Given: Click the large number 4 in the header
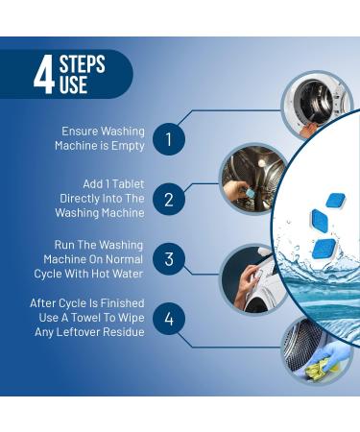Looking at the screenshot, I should coord(43,76).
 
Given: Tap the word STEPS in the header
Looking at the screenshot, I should coord(82,65).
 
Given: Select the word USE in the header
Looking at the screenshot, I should coord(73,86).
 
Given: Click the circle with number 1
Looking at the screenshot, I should coord(169,139).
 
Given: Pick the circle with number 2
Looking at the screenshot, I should coord(169,200).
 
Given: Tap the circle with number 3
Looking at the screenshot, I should coord(169,259).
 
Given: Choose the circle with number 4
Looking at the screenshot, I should coord(169,319).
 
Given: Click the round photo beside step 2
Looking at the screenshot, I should coord(248,180).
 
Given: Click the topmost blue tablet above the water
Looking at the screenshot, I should coord(335,201).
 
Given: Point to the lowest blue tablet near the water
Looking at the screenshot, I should coord(324,249).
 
